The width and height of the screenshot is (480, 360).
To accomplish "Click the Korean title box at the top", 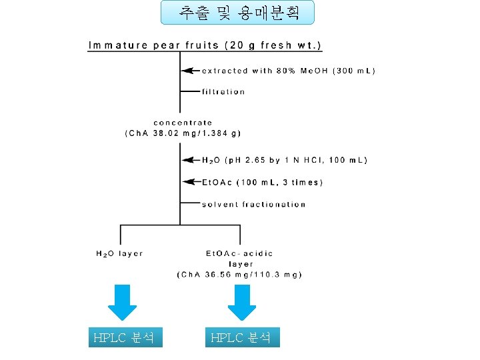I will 237,13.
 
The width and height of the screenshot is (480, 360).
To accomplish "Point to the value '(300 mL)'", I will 354,71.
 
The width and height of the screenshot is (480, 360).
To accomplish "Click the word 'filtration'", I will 223,92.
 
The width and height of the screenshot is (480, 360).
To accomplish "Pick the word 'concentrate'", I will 183,123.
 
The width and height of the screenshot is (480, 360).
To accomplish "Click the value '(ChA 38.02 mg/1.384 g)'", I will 183,133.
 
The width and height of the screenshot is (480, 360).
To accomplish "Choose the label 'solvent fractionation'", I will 253,204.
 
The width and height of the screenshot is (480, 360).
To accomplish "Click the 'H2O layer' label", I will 119,253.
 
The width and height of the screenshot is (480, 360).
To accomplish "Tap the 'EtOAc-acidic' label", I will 239,253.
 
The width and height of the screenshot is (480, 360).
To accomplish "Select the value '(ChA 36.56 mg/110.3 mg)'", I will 239,274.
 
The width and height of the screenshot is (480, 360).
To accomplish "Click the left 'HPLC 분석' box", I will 125,337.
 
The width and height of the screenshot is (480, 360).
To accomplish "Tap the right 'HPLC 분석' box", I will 241,337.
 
